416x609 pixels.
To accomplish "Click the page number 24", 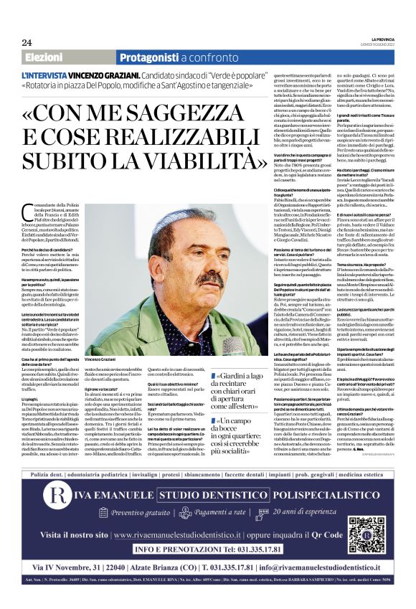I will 27,42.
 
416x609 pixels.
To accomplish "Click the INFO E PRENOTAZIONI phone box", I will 207,570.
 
